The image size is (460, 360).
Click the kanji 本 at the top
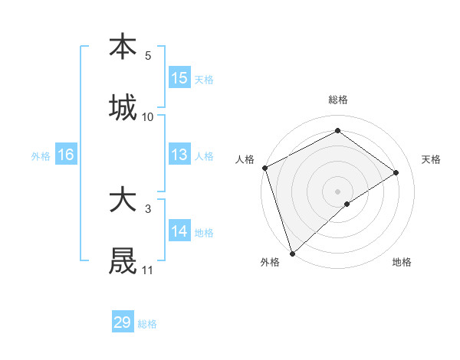[x=123, y=47]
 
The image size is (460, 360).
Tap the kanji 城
[x=123, y=107]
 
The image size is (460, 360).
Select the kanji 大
[x=123, y=201]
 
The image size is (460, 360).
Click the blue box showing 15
[x=179, y=78]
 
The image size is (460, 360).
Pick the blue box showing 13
[x=179, y=155]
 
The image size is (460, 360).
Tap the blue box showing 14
[x=179, y=231]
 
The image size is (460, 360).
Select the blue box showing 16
[x=66, y=155]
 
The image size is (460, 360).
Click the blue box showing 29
[x=123, y=322]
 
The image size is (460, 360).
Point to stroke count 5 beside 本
[x=148, y=55]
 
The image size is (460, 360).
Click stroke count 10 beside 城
[x=148, y=116]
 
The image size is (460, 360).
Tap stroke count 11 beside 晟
[x=148, y=270]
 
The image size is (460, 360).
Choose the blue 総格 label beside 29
[x=148, y=324]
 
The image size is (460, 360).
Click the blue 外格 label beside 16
[x=41, y=155]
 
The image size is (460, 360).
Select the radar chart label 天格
[x=432, y=159]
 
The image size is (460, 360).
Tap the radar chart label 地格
[x=402, y=262]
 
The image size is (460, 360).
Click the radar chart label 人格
[x=245, y=159]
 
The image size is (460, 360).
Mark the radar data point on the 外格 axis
[x=292, y=253]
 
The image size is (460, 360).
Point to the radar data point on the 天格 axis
[x=396, y=172]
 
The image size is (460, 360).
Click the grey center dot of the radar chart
[x=337, y=191]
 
